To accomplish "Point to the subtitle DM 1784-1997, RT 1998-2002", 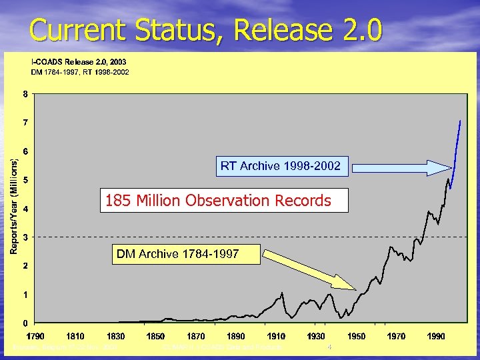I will [x=81, y=71].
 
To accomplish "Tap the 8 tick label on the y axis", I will [x=25, y=94].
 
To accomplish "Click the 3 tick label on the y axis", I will [x=25, y=237].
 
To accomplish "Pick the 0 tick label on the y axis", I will [x=25, y=323].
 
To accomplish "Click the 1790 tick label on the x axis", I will [x=36, y=335].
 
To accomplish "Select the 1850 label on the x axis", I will [x=156, y=335].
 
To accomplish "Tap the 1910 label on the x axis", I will [x=277, y=335].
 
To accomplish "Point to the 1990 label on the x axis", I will [x=437, y=335].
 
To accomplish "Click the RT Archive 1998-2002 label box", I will [x=281, y=166].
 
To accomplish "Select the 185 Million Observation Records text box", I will [x=224, y=201].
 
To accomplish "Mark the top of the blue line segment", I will [x=460, y=121].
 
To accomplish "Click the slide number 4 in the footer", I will [x=329, y=347].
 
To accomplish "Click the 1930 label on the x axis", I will [x=317, y=335].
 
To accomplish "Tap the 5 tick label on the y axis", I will [x=25, y=180].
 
